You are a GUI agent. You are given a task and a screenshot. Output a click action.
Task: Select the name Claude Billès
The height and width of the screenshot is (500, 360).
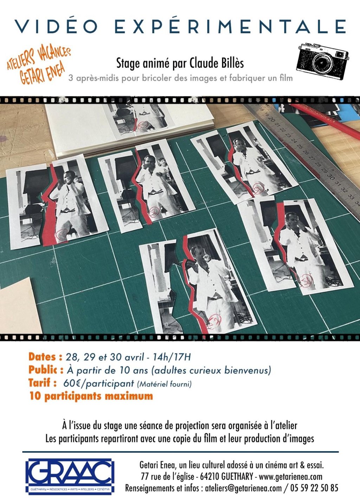click(217, 63)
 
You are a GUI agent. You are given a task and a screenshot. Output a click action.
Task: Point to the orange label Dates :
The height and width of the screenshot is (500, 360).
click(45, 357)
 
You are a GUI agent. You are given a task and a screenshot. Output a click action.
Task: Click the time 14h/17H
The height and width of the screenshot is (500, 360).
click(172, 357)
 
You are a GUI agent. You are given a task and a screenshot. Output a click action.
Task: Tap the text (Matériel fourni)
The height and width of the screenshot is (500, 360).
click(165, 384)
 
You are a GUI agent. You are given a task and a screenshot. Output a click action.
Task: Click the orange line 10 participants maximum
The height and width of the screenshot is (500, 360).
click(91, 396)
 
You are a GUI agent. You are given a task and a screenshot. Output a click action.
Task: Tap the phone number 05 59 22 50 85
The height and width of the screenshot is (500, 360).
click(314, 488)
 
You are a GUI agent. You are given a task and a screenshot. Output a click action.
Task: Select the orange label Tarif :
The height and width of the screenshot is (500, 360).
click(43, 383)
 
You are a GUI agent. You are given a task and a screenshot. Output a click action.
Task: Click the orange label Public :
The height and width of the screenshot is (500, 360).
click(46, 370)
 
